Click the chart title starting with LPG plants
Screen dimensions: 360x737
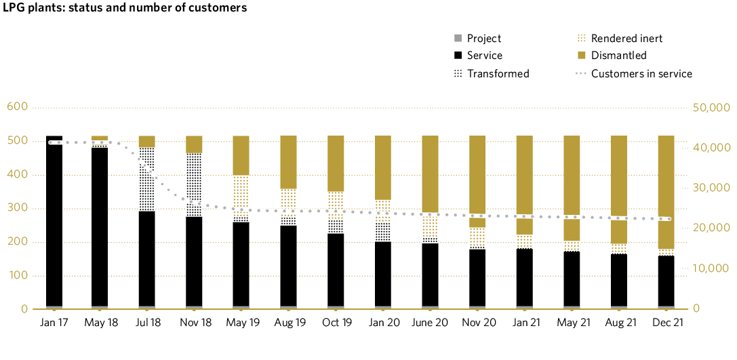coord(123,8)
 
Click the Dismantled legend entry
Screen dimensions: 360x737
coord(618,56)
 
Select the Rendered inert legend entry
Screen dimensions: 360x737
coord(626,39)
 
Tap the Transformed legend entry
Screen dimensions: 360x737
coord(498,73)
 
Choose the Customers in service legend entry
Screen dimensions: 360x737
coord(641,73)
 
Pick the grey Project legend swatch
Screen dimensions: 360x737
coord(458,39)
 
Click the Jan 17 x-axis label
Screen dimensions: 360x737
coord(54,323)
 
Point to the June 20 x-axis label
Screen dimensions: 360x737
coord(431,323)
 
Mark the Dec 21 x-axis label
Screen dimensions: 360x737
coord(667,323)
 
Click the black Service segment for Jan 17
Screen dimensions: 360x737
coord(54,224)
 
